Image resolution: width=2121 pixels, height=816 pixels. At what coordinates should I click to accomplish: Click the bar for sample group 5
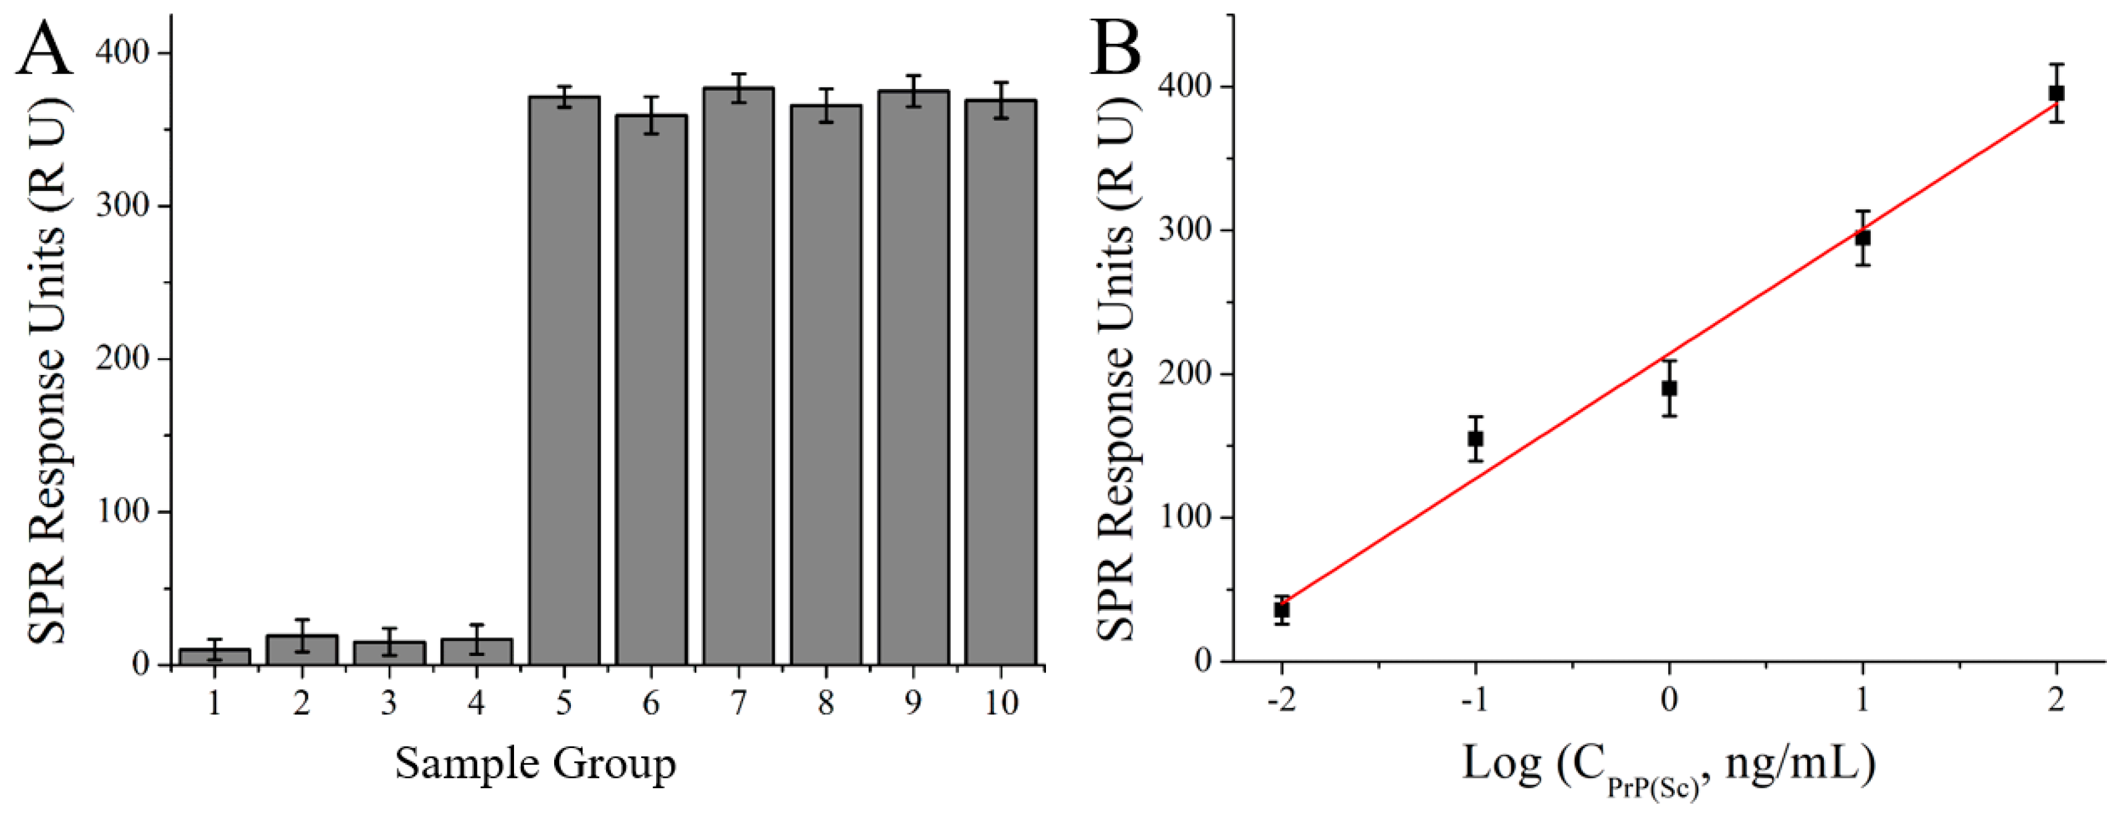pyautogui.click(x=564, y=379)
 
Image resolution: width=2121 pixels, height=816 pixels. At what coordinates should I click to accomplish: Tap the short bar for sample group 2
pyautogui.click(x=302, y=650)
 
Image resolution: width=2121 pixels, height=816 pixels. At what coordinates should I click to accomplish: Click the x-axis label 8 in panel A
pyautogui.click(x=826, y=702)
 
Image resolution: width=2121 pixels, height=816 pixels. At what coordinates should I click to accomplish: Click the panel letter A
pyautogui.click(x=44, y=49)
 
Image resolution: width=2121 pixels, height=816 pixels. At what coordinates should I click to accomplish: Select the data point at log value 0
pyautogui.click(x=1669, y=388)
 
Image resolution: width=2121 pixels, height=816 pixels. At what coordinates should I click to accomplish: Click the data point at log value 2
pyautogui.click(x=2057, y=93)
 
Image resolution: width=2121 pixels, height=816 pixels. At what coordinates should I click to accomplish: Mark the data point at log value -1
pyautogui.click(x=1475, y=439)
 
